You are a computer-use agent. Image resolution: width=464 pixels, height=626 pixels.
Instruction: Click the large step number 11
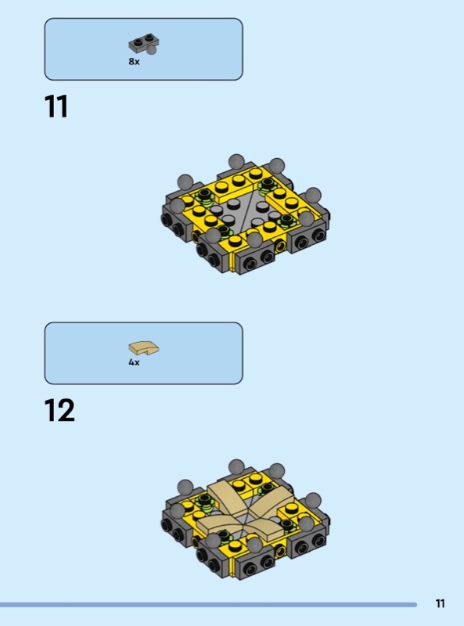coord(56,106)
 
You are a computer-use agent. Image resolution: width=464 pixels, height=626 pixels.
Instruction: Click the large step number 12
coord(59,410)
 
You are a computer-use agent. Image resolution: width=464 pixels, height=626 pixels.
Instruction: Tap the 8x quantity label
coord(134,62)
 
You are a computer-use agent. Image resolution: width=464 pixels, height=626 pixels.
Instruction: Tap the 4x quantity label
coord(134,362)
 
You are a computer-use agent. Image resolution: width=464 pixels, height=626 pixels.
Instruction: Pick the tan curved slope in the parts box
coord(144,347)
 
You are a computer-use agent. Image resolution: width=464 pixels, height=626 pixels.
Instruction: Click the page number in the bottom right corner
coord(440,603)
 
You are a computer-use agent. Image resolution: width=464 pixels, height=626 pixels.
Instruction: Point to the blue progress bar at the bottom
coord(208,605)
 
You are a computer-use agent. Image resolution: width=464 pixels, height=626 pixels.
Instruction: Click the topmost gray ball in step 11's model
coord(236,162)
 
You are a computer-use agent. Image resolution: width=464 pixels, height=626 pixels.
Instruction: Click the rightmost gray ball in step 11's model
coord(313,195)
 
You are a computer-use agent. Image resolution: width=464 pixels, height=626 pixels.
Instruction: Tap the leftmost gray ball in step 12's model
coord(178,511)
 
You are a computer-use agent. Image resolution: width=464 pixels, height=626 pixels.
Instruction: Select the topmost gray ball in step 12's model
coord(236,467)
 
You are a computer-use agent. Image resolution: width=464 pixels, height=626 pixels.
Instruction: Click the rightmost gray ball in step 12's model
coord(313,500)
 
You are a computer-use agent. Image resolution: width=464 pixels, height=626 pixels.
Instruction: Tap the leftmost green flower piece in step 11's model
coord(205,196)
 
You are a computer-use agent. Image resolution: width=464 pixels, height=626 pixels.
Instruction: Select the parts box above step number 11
coord(143,49)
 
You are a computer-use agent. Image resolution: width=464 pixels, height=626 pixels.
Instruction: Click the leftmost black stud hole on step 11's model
coord(166,219)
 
